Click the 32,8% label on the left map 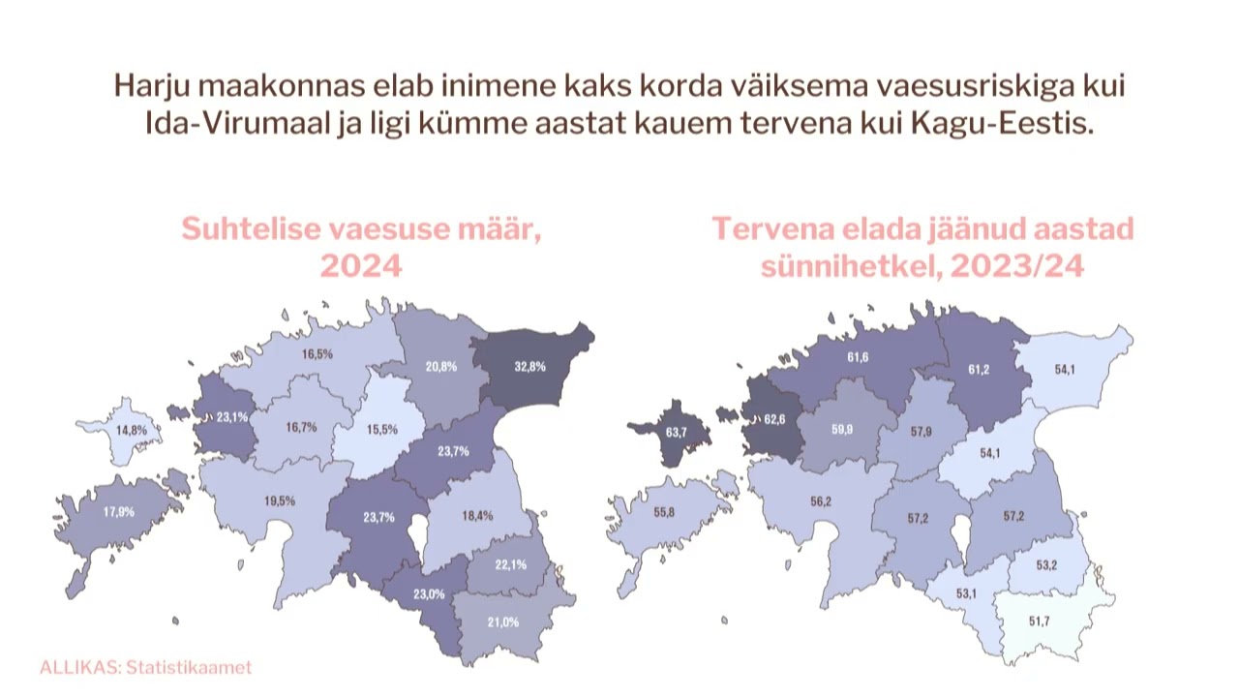[530, 366]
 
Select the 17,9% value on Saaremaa [119, 512]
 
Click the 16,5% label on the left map [317, 354]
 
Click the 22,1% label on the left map [510, 564]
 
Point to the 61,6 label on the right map [858, 357]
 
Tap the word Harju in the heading [147, 86]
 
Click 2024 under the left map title [360, 266]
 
